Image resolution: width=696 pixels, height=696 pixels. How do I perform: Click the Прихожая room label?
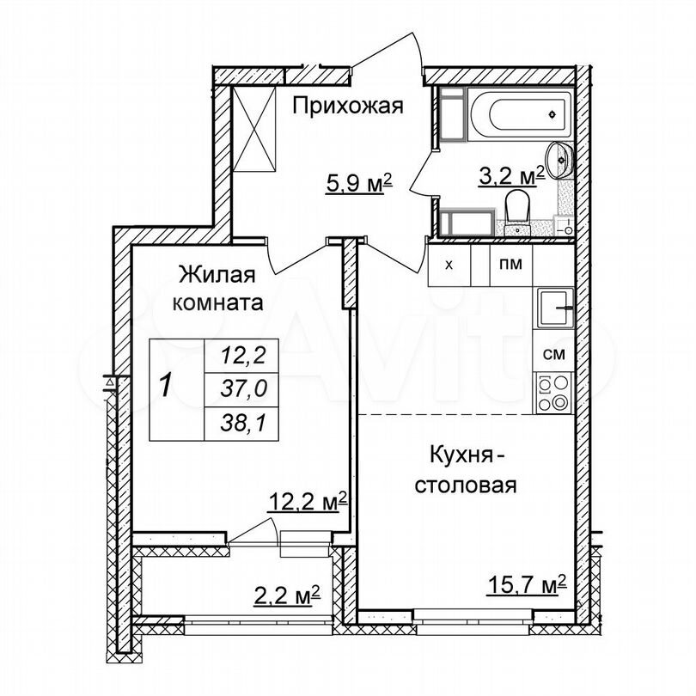348,107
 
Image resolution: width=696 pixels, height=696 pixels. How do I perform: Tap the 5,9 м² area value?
359,183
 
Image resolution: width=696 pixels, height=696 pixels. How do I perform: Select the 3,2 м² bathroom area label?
511,176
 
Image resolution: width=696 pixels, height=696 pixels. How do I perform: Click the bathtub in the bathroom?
520,115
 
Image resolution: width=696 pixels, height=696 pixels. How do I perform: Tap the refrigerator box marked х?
449,265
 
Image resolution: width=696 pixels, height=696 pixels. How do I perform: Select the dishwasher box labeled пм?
511,265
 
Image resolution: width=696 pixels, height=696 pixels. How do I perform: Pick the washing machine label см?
554,354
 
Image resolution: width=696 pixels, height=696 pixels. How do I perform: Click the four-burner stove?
554,393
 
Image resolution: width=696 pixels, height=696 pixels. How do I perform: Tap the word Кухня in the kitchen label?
457,456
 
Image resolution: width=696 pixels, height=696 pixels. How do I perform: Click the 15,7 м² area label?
527,585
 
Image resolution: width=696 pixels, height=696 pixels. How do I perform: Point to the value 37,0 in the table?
244,389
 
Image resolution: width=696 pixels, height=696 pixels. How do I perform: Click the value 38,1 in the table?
243,424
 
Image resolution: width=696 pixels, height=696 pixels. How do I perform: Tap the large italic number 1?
166,385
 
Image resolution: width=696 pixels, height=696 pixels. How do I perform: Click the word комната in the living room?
217,303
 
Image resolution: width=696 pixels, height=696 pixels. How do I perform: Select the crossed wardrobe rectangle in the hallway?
254,129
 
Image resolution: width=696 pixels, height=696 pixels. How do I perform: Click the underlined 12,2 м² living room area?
307,503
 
